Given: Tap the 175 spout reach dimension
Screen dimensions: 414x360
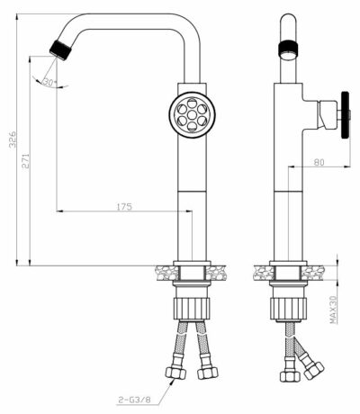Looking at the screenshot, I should pyautogui.click(x=124, y=207).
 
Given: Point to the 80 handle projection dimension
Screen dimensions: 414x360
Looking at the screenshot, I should pyautogui.click(x=319, y=162).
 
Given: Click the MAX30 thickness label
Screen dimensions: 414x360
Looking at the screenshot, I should pyautogui.click(x=332, y=310).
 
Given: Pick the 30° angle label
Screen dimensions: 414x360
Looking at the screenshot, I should pyautogui.click(x=49, y=82).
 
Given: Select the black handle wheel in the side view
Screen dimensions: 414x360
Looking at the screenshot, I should pyautogui.click(x=344, y=113).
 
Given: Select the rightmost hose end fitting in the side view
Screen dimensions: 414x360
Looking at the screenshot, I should pyautogui.click(x=313, y=366).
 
